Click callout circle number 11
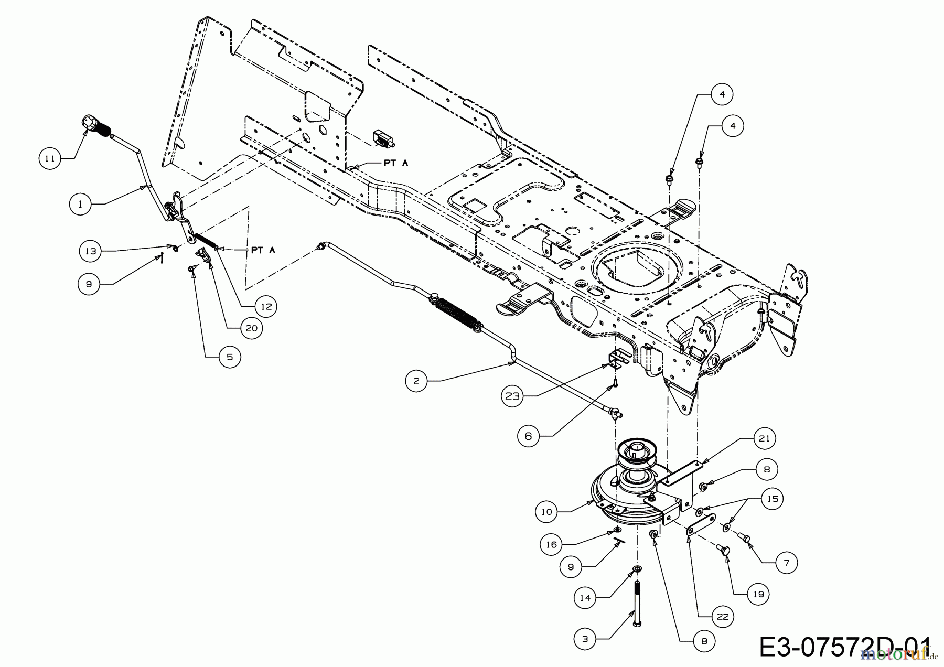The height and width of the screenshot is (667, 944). pos(50,158)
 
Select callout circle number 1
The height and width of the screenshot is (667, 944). pos(80,205)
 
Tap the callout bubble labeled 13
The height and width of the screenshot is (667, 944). pos(91,251)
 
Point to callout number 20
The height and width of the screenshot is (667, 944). pos(252,328)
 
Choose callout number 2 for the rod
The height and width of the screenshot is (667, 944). pos(416,381)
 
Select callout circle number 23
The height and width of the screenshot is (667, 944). pos(512,396)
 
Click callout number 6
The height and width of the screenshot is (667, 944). pos(528,436)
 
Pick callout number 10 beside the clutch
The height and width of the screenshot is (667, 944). pos(547,511)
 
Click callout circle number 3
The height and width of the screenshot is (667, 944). pos(585,639)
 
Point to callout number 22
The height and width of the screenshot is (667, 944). pos(723,617)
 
